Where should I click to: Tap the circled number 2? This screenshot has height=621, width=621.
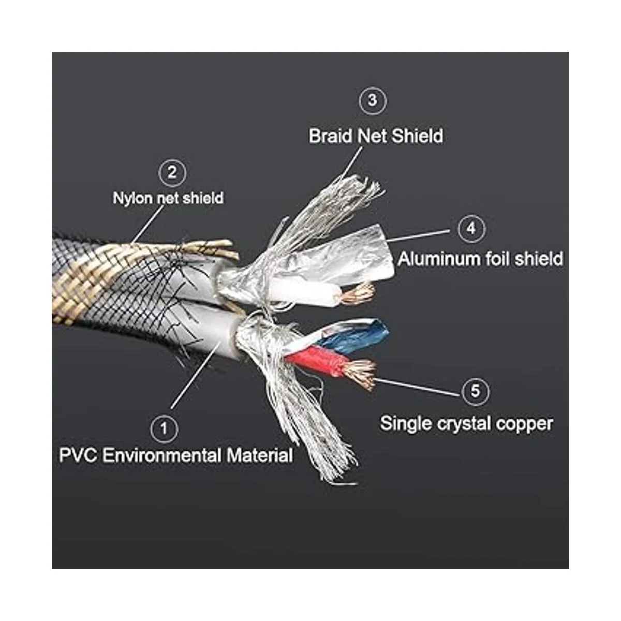172,172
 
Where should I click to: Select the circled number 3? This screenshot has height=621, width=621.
373,100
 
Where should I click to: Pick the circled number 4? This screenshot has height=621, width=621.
471,228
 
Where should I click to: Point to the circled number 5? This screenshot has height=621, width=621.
475,391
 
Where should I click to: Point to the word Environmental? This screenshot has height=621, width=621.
161,456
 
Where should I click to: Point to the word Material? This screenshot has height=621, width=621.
259,456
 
